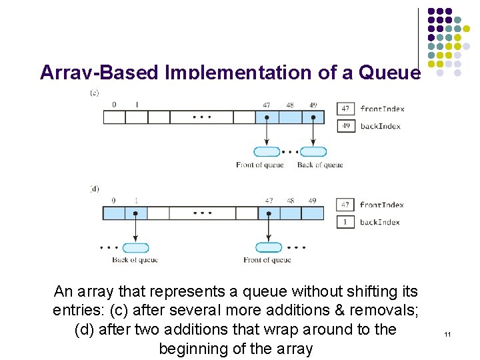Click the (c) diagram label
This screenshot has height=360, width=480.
point(94,93)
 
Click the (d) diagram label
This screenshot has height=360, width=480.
point(94,189)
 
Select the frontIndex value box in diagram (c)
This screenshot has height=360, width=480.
point(345,109)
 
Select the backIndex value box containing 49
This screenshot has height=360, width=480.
point(345,125)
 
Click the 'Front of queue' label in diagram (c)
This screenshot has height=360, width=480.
point(260,165)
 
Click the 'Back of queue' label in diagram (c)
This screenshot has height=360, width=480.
point(320,165)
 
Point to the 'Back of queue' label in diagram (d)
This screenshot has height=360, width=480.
point(135,260)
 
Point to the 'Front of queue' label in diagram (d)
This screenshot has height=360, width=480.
point(267,260)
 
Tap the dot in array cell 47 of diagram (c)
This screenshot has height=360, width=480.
point(267,117)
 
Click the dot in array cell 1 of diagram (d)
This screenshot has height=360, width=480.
point(136,213)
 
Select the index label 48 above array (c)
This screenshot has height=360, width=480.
point(290,105)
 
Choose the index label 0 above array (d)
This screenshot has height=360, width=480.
point(113,201)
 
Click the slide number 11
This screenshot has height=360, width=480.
point(447,333)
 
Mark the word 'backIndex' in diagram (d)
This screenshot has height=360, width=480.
point(380,222)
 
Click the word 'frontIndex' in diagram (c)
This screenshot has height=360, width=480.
point(382,109)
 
